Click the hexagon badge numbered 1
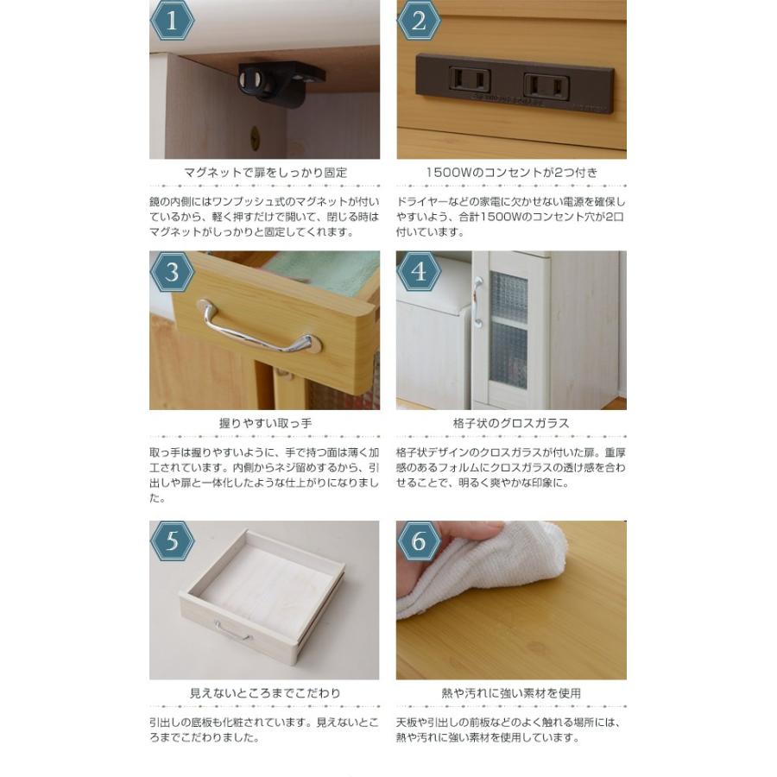(x=173, y=21)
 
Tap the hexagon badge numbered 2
(x=420, y=21)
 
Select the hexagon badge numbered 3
(x=173, y=273)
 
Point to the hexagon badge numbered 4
(x=420, y=273)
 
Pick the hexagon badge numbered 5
(x=173, y=542)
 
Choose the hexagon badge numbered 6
(x=420, y=542)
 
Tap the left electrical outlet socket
(x=471, y=81)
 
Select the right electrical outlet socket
(x=546, y=85)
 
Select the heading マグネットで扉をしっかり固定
(x=265, y=173)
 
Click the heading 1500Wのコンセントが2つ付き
(x=511, y=173)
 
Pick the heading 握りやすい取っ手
(x=265, y=424)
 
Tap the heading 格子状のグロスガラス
(x=511, y=424)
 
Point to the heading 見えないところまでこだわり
(x=265, y=693)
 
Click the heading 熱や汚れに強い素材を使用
(x=511, y=693)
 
